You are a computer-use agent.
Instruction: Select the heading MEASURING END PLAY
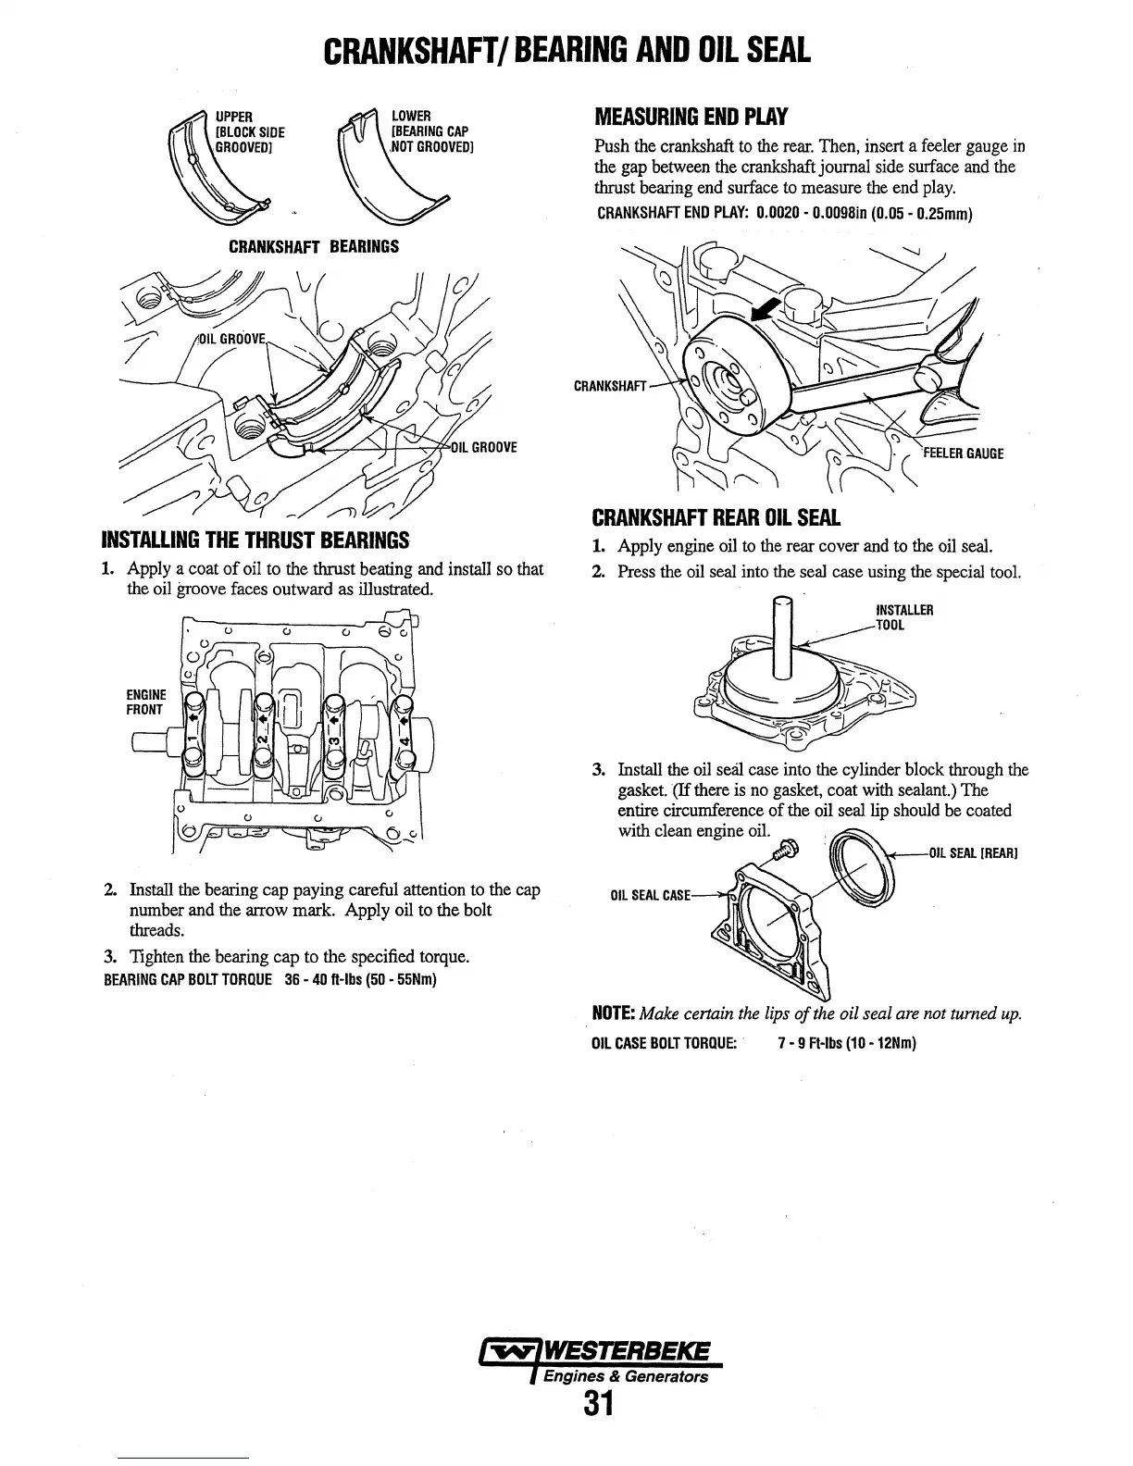(690, 118)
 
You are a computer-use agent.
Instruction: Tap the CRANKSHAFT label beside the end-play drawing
(608, 384)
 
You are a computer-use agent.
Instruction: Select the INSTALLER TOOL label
(903, 616)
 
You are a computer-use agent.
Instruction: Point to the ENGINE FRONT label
(146, 702)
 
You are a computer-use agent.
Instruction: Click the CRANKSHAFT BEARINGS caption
(314, 247)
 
